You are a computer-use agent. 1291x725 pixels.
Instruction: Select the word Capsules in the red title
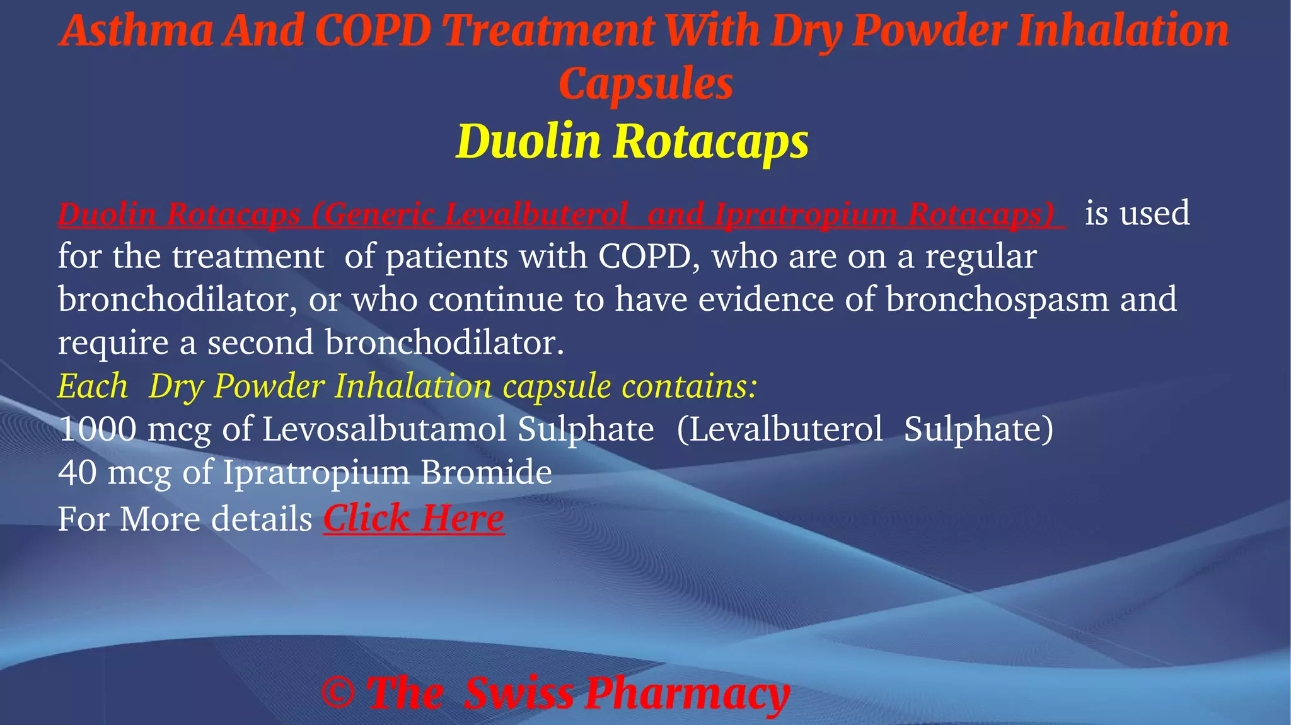click(x=645, y=84)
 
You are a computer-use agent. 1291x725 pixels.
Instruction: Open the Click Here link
click(x=414, y=518)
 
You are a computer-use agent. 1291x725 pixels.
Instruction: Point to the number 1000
click(x=97, y=429)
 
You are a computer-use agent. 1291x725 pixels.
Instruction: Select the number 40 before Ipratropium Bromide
click(x=77, y=472)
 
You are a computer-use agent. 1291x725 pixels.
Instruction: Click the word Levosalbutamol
click(x=384, y=429)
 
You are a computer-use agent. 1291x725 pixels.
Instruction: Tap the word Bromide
click(x=486, y=472)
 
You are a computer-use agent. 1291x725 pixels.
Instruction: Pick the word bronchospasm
click(x=997, y=299)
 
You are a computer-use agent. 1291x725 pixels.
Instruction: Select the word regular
click(x=980, y=257)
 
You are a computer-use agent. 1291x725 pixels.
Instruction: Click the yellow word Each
click(x=93, y=386)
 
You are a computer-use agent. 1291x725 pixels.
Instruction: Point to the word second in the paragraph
click(x=260, y=343)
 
